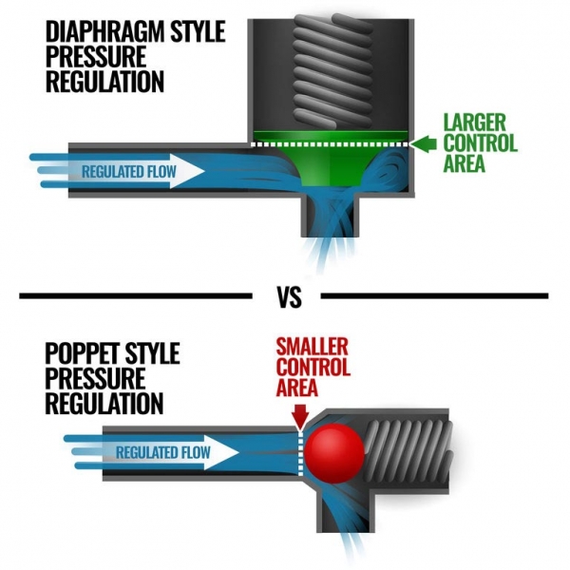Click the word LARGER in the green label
(480, 123)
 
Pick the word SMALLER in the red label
(312, 348)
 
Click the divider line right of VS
(437, 297)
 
